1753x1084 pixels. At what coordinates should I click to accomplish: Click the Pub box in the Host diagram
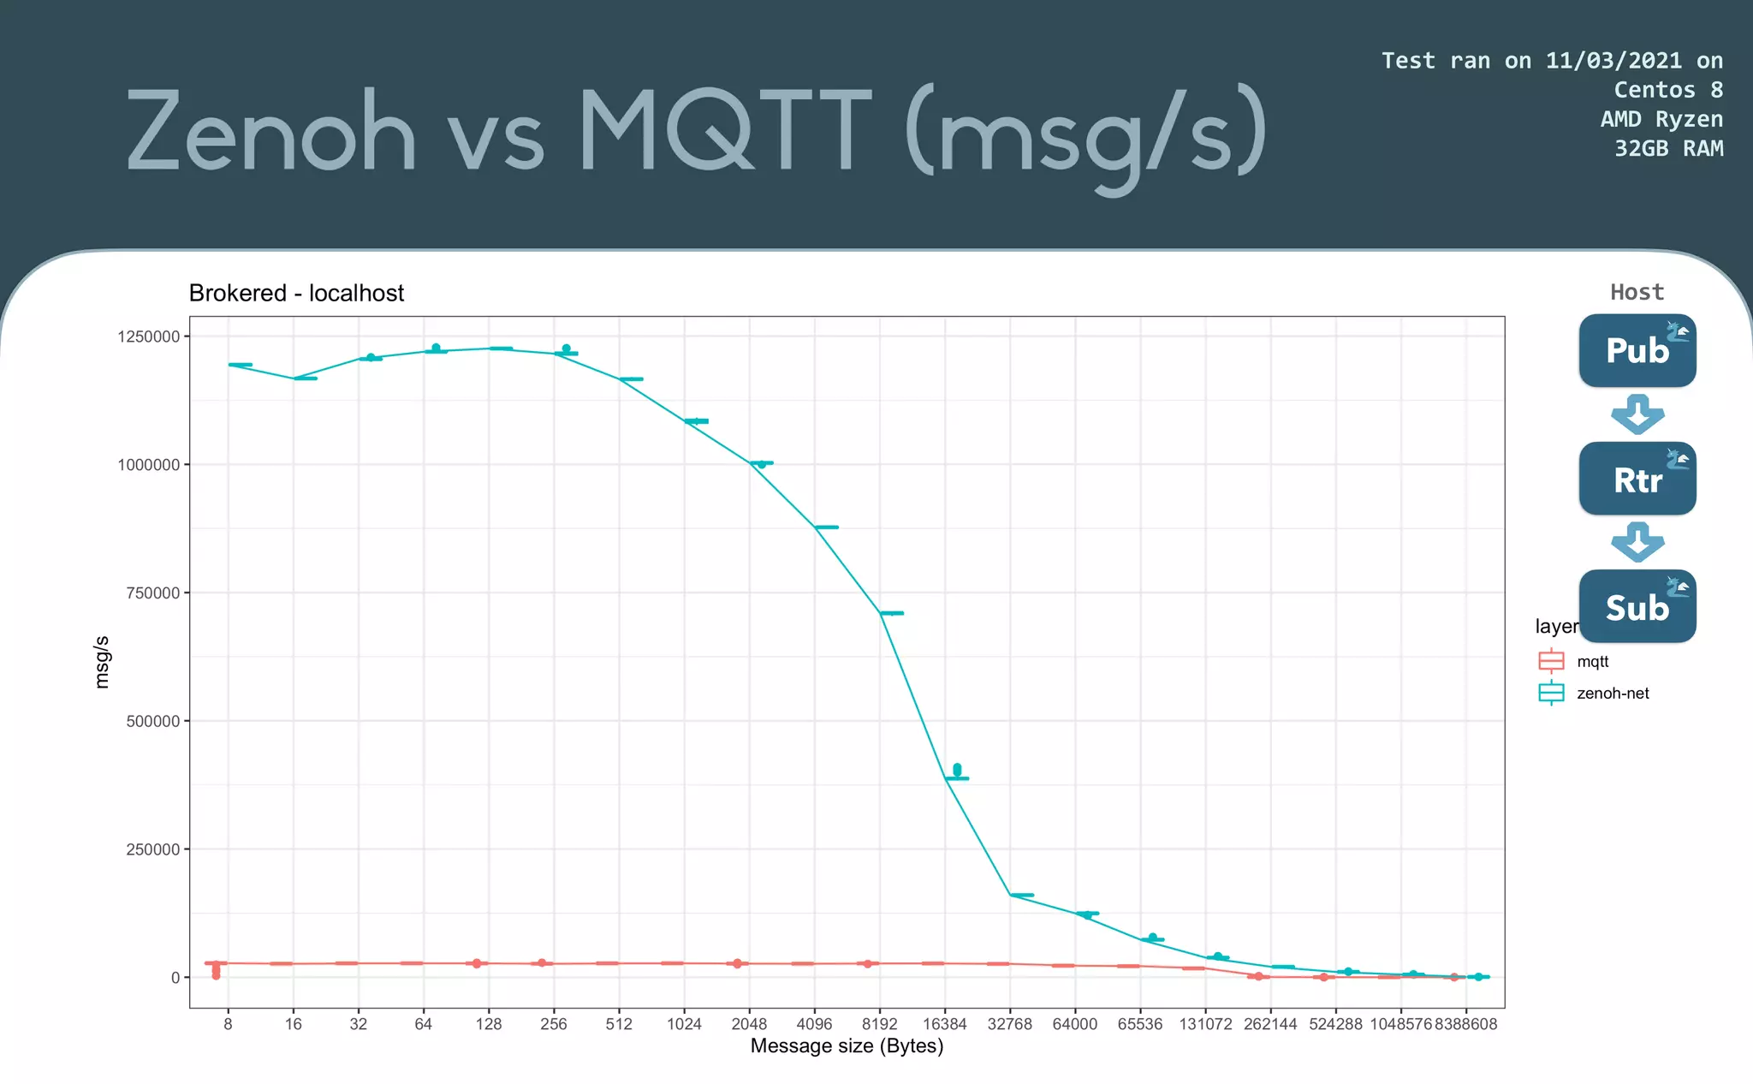pos(1637,350)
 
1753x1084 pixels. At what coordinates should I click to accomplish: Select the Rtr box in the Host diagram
pos(1637,479)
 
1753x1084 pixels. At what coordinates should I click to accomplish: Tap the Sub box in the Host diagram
pos(1637,606)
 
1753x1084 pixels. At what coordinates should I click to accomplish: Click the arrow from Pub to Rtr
pos(1637,414)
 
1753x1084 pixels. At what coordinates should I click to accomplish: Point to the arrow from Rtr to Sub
pos(1637,542)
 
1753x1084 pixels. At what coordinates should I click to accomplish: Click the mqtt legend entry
pos(1592,661)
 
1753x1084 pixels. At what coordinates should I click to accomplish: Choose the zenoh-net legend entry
pos(1612,693)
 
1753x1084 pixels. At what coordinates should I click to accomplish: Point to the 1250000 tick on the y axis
pos(148,337)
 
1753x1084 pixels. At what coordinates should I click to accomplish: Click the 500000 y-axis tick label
pos(152,721)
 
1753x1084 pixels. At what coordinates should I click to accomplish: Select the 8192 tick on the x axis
pos(879,1024)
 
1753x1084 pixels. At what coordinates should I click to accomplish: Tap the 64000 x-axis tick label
pos(1074,1024)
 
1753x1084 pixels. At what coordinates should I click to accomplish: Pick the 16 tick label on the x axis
pos(293,1024)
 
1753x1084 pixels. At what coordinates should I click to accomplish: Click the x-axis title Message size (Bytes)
pos(847,1046)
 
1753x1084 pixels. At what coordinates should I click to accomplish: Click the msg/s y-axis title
pos(102,662)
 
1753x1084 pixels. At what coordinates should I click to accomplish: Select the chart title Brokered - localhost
pos(296,293)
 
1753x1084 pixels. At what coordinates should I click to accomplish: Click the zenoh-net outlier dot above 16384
pos(957,769)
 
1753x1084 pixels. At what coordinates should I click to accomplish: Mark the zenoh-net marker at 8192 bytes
pos(891,613)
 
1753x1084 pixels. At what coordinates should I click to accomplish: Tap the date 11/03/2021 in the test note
pos(1613,61)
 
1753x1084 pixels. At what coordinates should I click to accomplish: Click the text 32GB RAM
pos(1668,148)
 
